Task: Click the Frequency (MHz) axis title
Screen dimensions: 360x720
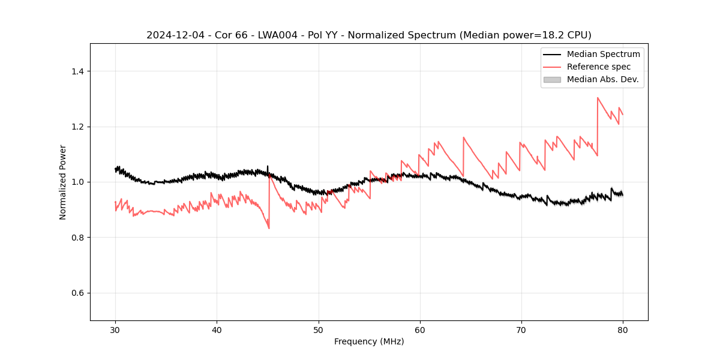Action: (369, 341)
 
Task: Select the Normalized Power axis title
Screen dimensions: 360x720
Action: (63, 182)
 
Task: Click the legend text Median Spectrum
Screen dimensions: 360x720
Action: (603, 54)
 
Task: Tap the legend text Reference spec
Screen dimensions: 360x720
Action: (599, 67)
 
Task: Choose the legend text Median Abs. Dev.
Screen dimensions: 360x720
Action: (602, 79)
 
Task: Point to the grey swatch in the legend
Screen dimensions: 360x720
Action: (552, 79)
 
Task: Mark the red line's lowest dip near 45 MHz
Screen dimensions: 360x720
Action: (269, 228)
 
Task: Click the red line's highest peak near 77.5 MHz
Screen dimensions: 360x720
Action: (598, 98)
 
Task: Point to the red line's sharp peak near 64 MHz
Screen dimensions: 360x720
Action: (463, 137)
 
